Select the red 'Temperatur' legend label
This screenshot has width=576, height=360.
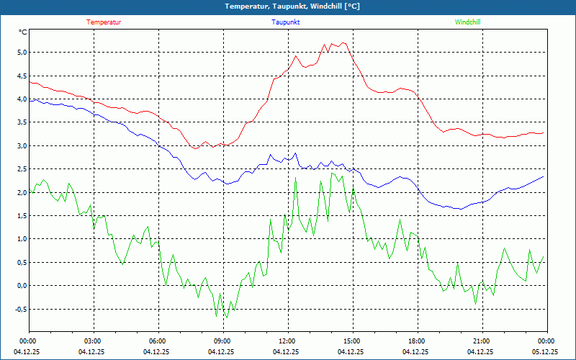[104, 22]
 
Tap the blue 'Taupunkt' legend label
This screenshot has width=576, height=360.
[286, 22]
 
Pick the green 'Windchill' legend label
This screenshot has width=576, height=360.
[468, 22]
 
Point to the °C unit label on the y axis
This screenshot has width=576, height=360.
[23, 32]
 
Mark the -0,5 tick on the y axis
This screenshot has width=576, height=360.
[19, 310]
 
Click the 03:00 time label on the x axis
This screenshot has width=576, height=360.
[93, 341]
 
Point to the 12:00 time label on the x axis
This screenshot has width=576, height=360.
[287, 341]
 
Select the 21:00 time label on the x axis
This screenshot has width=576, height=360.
[481, 341]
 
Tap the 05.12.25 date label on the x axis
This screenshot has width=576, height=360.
[546, 352]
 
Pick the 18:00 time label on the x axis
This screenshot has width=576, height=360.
[416, 341]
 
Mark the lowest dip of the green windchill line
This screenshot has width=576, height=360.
[227, 318]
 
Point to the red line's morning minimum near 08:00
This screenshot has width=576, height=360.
[195, 148]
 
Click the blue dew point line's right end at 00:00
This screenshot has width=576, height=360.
[543, 176]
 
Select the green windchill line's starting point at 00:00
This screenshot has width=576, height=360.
[30, 190]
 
